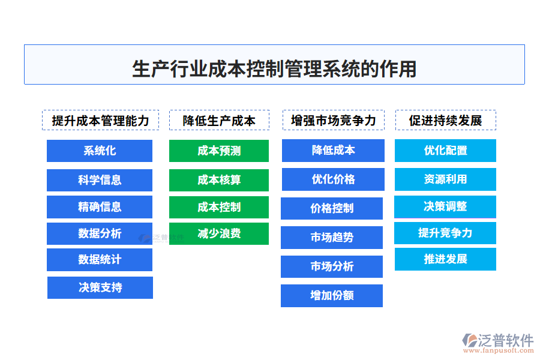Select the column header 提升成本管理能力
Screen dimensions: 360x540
pos(100,120)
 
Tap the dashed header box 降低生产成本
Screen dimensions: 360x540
pos(219,120)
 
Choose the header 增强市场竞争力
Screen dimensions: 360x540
pos(333,120)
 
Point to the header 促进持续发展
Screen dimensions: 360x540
pos(445,120)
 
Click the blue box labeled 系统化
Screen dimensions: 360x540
pos(100,151)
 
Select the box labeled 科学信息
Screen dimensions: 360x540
pos(100,180)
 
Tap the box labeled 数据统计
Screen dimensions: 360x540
pos(100,260)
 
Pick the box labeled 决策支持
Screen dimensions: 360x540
pos(100,287)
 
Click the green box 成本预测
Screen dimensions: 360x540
pos(219,151)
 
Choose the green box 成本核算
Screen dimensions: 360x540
pos(219,180)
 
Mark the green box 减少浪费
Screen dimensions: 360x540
pos(219,233)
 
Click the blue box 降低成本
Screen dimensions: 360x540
pos(333,151)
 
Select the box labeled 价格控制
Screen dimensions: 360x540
pos(332,208)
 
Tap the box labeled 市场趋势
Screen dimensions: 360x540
pos(332,238)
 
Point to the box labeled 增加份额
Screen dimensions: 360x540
pos(332,296)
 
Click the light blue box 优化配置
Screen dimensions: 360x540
pos(445,151)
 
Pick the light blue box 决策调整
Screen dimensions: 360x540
pos(445,206)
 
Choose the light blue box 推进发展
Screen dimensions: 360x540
pos(445,259)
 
